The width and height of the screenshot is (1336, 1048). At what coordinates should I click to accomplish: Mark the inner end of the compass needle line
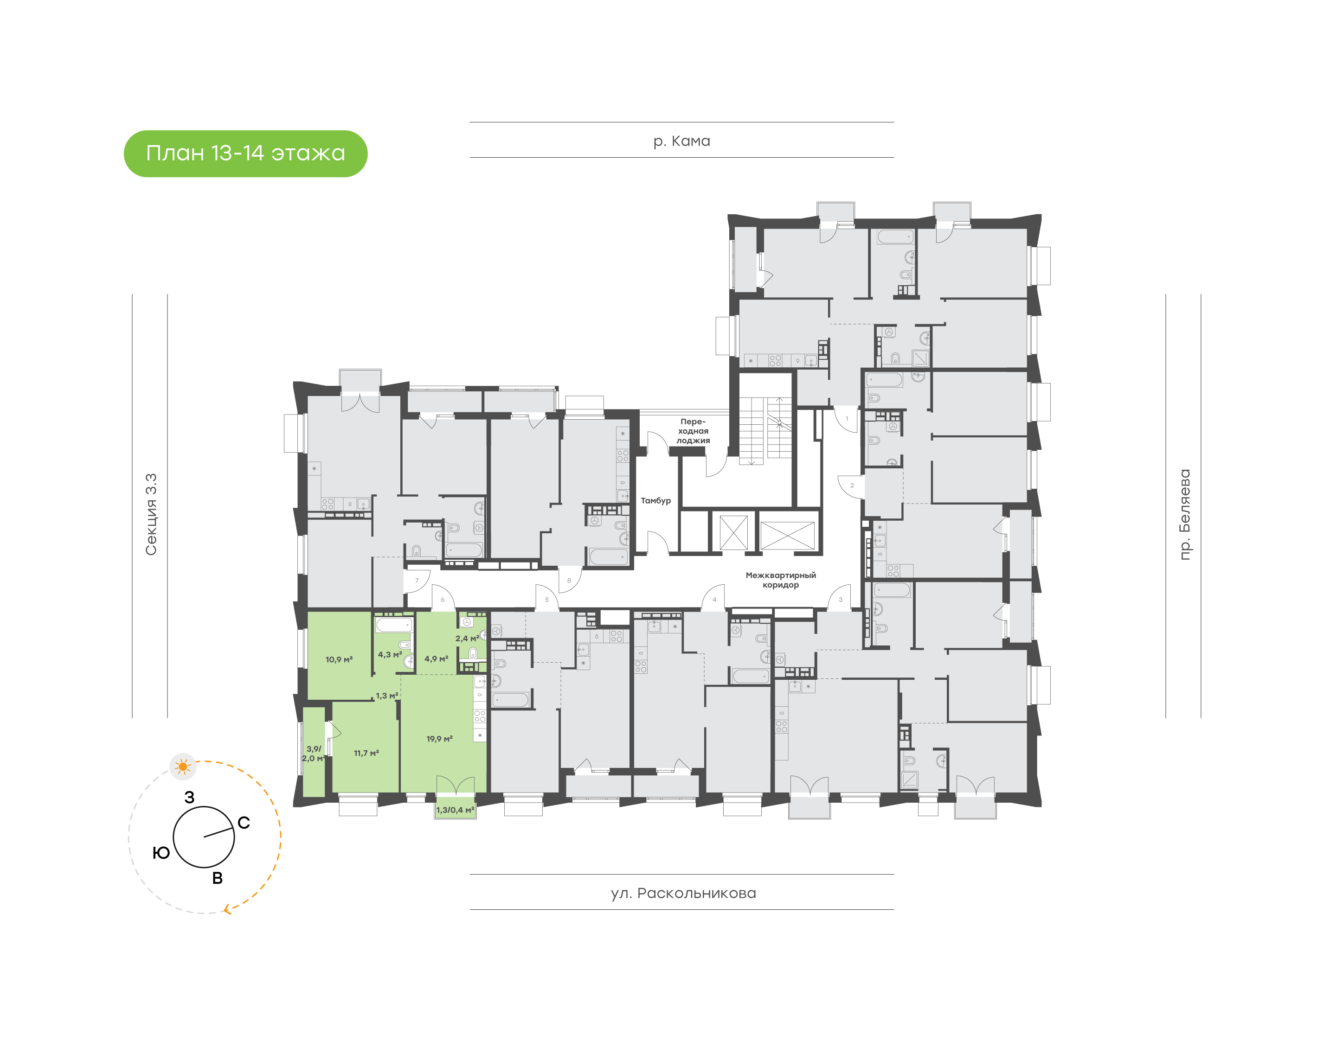[x=205, y=837]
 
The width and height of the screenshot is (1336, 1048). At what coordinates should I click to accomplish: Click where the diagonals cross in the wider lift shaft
[x=787, y=536]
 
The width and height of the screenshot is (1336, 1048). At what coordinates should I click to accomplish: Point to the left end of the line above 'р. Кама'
[x=470, y=122]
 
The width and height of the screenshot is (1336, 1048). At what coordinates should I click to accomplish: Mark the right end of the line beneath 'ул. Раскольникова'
[x=894, y=909]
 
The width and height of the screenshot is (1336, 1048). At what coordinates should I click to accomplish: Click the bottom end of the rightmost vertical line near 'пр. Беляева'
[x=1201, y=717]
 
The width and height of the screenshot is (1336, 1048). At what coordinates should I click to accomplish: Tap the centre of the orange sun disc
[x=183, y=767]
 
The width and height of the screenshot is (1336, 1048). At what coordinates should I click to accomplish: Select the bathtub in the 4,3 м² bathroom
[x=394, y=625]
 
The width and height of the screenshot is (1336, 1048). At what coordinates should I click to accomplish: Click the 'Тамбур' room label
[x=655, y=501]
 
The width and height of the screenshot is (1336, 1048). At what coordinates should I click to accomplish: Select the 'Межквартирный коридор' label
[x=781, y=580]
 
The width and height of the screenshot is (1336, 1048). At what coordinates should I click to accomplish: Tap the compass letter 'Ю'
[x=161, y=853]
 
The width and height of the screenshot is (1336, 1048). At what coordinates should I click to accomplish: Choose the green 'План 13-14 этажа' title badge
[x=245, y=153]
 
